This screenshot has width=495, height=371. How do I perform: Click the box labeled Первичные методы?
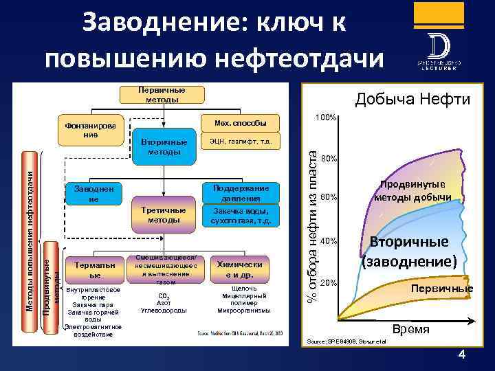(x=162, y=95)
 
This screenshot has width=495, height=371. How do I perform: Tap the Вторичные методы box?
(x=160, y=146)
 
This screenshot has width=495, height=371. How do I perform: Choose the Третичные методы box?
(x=160, y=214)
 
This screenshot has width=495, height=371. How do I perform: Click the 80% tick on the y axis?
(x=328, y=159)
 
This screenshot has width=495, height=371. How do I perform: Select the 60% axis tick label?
(x=328, y=198)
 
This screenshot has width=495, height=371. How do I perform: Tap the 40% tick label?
(x=328, y=241)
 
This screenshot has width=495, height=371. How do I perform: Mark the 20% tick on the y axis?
(x=328, y=282)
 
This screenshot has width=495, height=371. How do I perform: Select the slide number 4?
(x=461, y=355)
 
